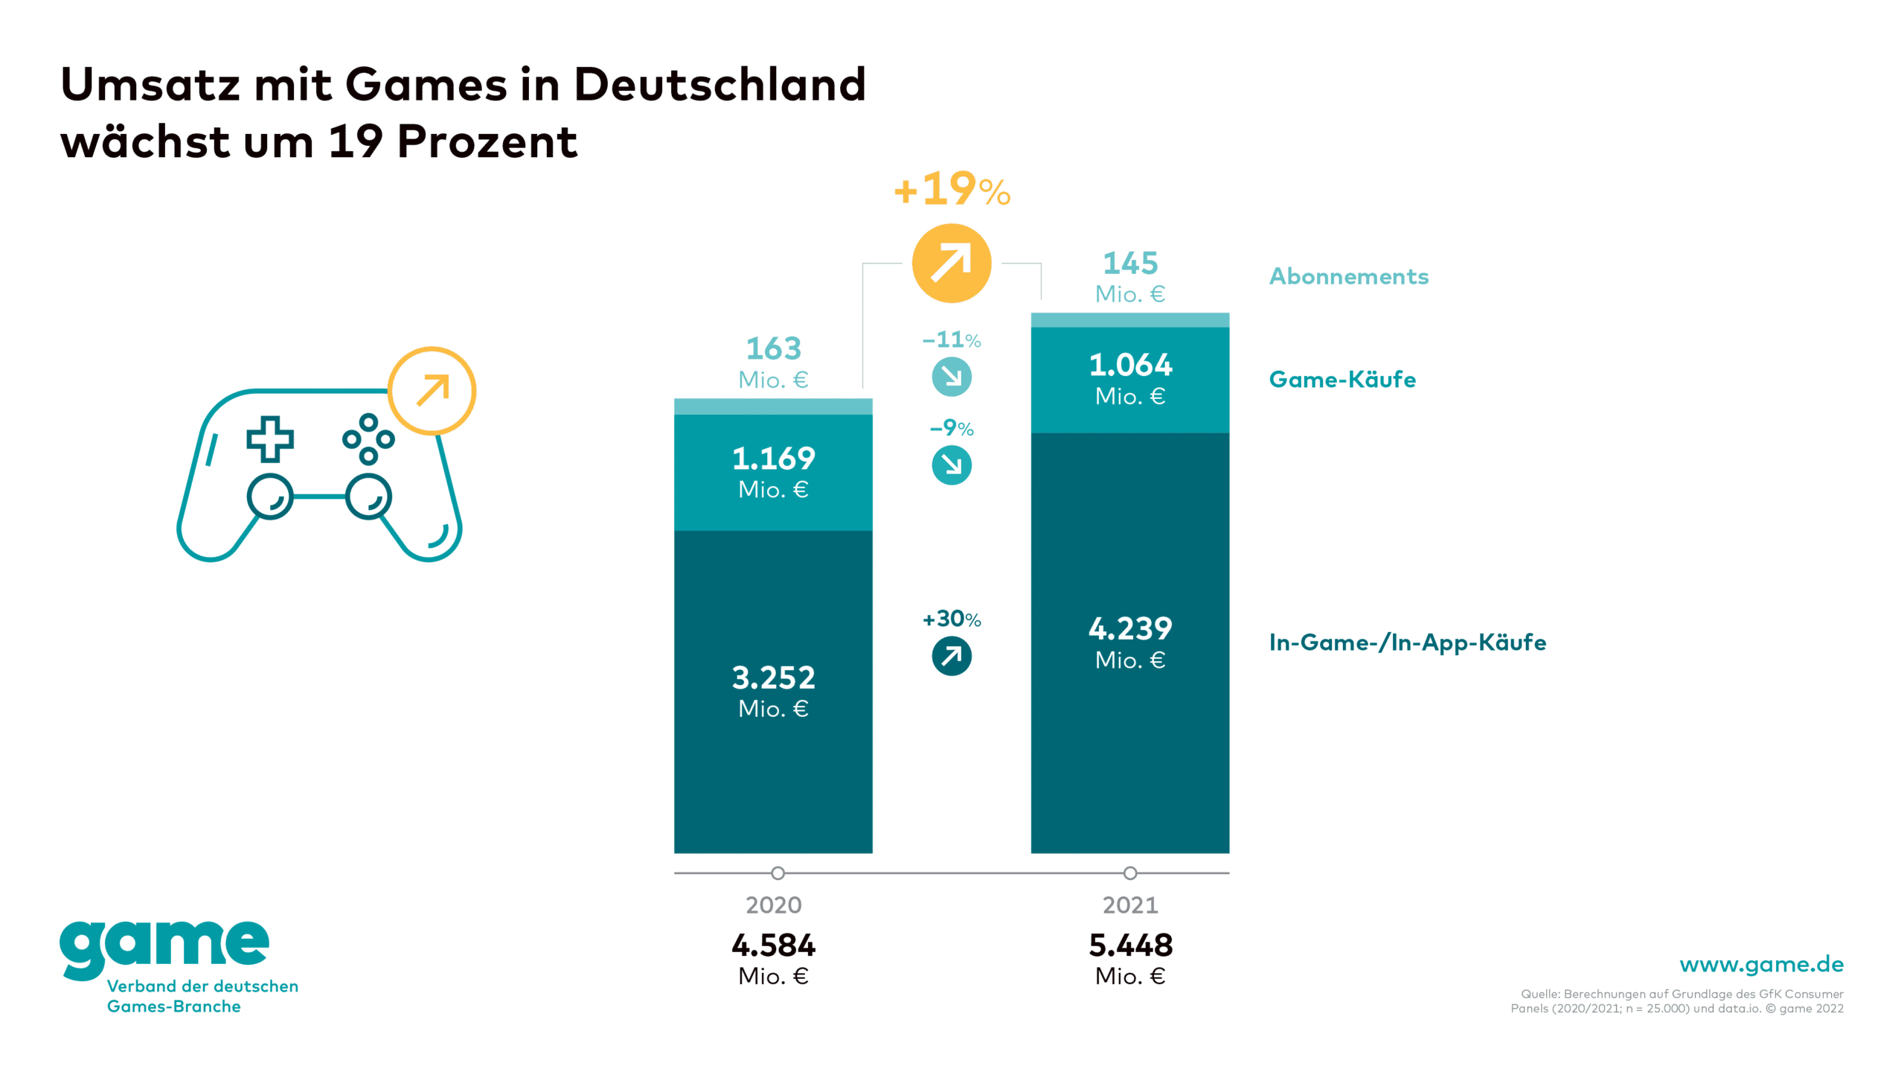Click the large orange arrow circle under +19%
point(952,263)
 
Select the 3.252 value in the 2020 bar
point(773,678)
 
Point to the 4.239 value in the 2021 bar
point(1129,629)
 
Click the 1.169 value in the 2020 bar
point(773,459)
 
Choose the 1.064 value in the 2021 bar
point(1129,366)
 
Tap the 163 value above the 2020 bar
point(773,348)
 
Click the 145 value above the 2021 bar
point(1129,263)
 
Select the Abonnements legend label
point(1348,276)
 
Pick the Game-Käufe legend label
point(1342,379)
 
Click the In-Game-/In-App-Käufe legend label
point(1407,642)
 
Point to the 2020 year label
point(773,904)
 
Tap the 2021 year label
point(1129,904)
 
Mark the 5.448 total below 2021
point(1129,945)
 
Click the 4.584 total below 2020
point(773,945)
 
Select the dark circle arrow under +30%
point(952,656)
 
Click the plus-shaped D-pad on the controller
point(270,438)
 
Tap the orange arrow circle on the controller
point(432,391)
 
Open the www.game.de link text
point(1761,964)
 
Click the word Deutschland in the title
point(719,83)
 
